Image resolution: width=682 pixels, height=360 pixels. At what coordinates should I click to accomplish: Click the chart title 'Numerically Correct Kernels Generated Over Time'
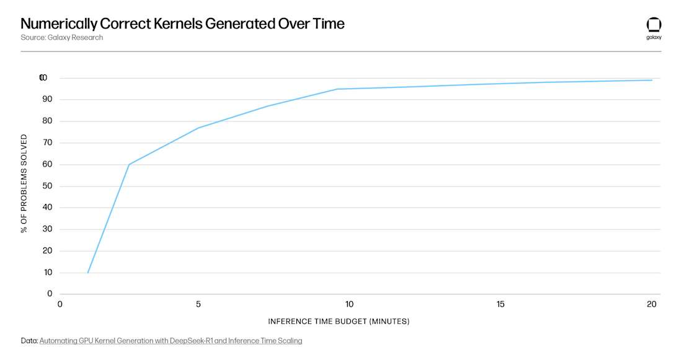[x=182, y=24]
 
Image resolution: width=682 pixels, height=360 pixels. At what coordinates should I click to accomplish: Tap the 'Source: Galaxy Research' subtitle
[x=62, y=38]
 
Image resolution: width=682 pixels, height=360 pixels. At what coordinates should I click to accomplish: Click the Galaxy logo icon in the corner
[x=653, y=25]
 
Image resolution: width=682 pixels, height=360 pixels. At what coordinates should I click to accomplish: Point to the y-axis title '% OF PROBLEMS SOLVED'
[x=24, y=183]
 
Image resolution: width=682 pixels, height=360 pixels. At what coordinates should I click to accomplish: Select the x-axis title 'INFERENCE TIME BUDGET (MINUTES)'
[x=339, y=322]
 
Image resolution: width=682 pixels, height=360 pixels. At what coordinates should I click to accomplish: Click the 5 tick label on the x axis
[x=198, y=304]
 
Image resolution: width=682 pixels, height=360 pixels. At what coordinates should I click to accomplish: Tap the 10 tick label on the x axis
[x=349, y=304]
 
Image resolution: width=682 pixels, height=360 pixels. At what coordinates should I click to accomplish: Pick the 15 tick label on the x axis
[x=500, y=304]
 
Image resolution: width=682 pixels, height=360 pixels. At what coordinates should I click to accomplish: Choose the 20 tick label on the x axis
[x=652, y=304]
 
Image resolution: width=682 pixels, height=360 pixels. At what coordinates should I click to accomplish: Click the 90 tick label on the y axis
[x=48, y=99]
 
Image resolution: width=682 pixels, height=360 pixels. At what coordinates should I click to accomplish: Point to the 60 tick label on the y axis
[x=48, y=164]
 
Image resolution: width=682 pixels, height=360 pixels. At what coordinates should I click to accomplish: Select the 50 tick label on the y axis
[x=48, y=186]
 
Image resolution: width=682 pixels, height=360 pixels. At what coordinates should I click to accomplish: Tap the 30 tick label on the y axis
[x=48, y=229]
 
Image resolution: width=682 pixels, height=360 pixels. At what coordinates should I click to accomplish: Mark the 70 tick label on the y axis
[x=48, y=143]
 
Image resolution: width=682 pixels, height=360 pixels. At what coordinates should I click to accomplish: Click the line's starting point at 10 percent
[x=88, y=273]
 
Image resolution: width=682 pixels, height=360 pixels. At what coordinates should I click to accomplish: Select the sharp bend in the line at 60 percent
[x=128, y=164]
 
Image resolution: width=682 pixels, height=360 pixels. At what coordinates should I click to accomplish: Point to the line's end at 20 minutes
[x=652, y=80]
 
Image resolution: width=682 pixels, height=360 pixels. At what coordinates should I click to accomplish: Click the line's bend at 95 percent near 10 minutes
[x=337, y=89]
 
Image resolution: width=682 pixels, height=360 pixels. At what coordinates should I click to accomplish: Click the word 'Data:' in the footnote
[x=29, y=341]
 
